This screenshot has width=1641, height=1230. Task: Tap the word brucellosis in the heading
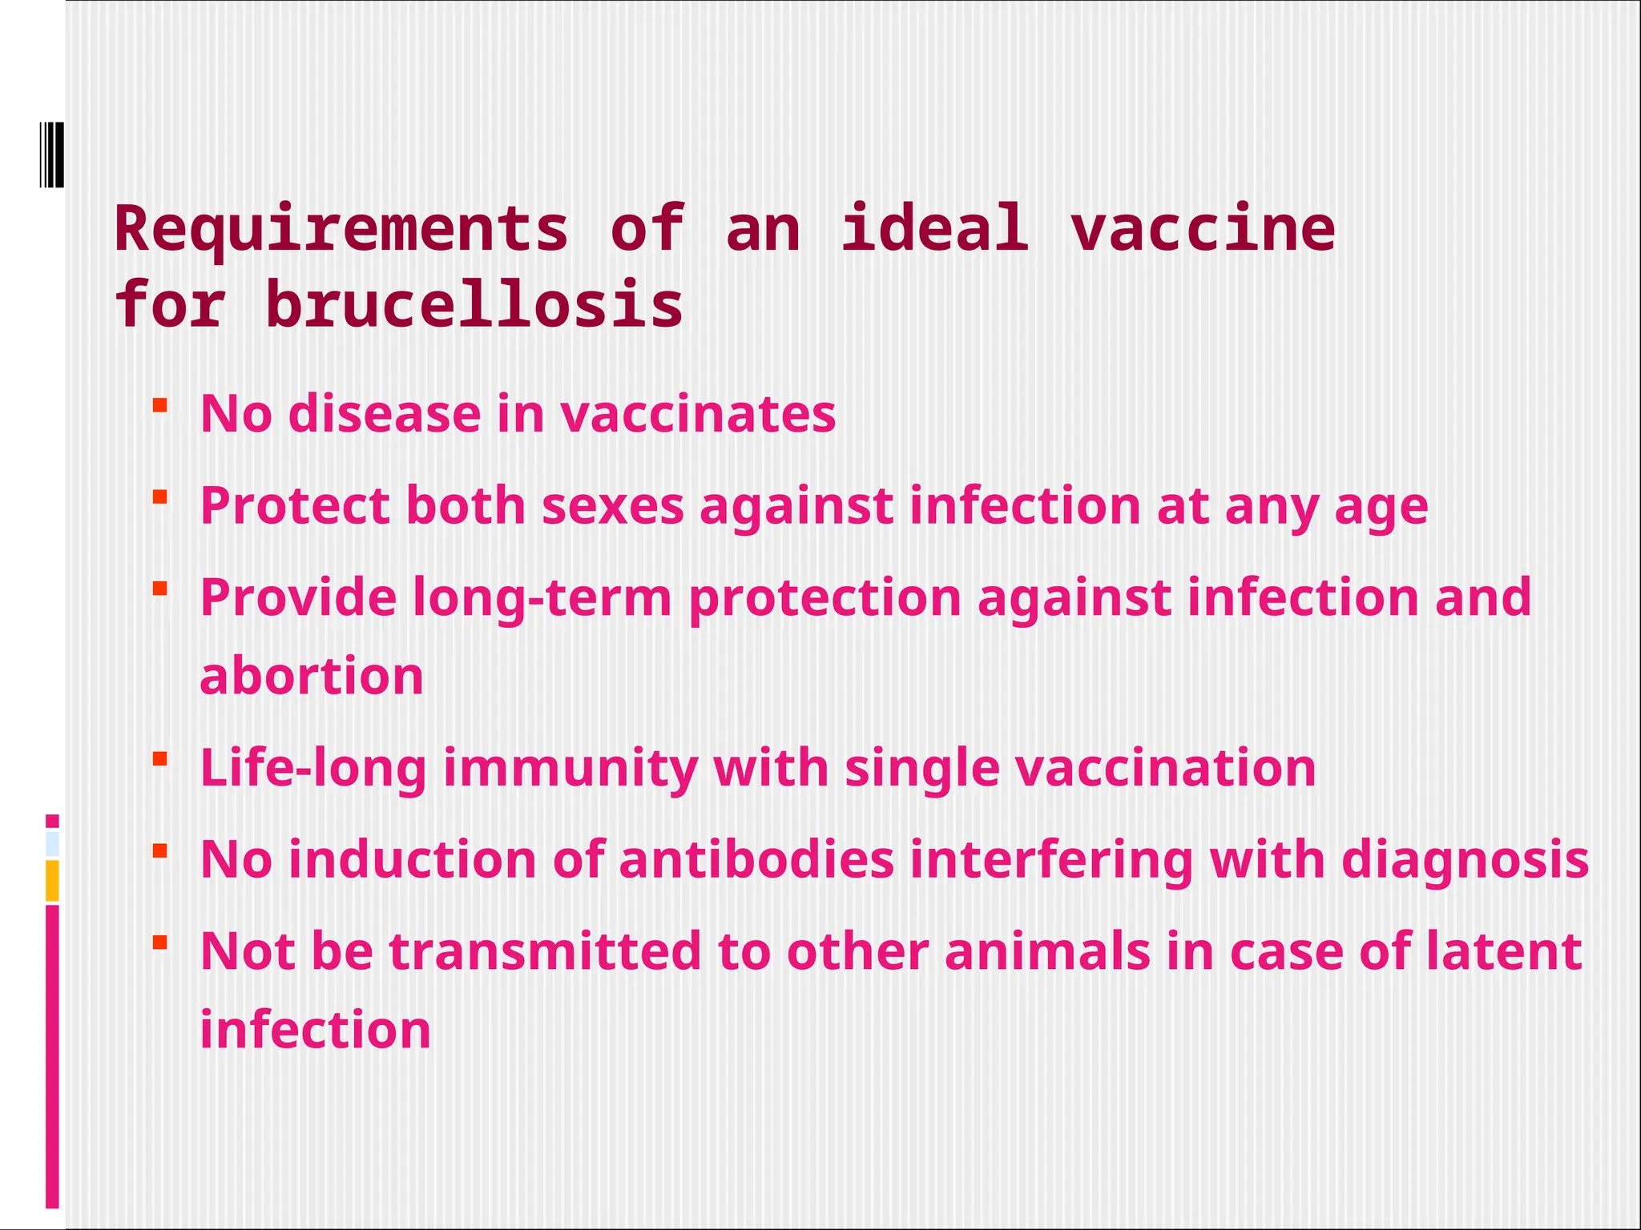click(474, 306)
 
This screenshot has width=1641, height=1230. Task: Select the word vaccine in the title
click(1203, 229)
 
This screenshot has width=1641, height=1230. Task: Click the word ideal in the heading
click(935, 229)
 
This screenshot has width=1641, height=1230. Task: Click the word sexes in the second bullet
click(613, 506)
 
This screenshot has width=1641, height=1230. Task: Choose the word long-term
click(542, 598)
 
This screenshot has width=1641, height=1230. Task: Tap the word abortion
click(311, 676)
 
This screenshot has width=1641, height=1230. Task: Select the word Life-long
click(312, 769)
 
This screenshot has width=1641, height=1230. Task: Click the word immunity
click(570, 769)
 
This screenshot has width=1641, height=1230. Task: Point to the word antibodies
click(756, 860)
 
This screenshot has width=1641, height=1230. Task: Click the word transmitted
click(545, 951)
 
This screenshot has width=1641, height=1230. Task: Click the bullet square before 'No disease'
click(159, 405)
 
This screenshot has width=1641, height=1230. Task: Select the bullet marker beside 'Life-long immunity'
click(159, 758)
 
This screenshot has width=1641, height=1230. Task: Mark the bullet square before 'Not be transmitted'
click(159, 942)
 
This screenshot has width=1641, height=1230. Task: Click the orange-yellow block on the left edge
click(52, 880)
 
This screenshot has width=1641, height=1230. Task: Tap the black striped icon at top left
click(51, 155)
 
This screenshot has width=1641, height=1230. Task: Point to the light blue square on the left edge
click(52, 844)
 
